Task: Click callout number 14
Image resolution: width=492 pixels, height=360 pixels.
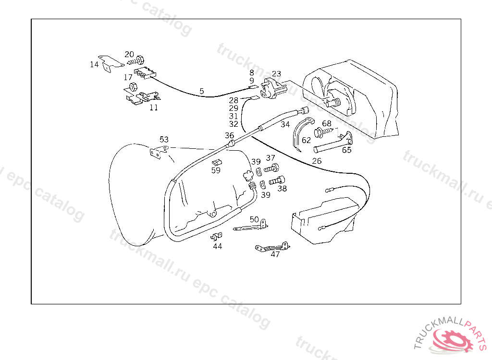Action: coord(94,64)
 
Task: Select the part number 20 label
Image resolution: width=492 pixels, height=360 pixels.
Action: coord(129,54)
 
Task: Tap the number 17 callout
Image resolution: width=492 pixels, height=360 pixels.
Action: coord(128,77)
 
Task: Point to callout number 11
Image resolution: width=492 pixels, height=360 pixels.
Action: coord(153,108)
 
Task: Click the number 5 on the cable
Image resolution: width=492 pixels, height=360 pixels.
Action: coord(201,91)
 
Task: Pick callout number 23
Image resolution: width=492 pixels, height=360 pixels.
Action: coord(276,74)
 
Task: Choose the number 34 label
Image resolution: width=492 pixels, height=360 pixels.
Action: coord(285,124)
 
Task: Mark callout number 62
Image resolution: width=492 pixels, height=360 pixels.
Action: coord(306,141)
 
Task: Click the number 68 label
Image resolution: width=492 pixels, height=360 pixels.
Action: coord(327,124)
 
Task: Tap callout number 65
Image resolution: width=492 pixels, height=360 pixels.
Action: coord(346,150)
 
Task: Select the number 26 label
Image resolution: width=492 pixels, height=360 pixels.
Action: coord(317,161)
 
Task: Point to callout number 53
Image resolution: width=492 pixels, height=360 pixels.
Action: coord(164,140)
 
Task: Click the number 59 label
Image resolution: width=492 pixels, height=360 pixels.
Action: coord(216,170)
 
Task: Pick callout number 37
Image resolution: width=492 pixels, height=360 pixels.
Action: coord(271,158)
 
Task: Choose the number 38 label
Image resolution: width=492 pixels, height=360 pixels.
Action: coord(282,189)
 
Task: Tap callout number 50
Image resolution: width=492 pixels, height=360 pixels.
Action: coord(254,219)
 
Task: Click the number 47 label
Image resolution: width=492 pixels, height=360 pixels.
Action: coord(275,255)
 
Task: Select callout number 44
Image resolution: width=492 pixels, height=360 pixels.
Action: coord(218,246)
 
